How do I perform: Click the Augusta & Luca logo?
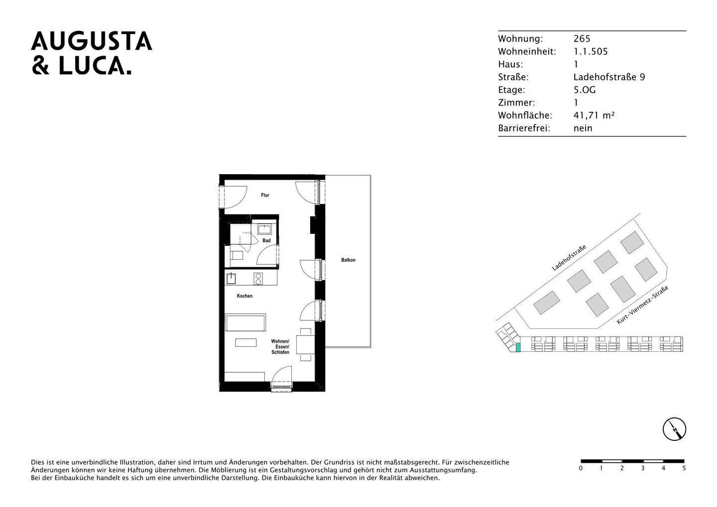point(92,53)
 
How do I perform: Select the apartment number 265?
point(582,39)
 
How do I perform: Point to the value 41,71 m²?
point(594,115)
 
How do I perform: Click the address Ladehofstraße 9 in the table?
point(609,77)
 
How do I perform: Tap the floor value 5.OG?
point(585,90)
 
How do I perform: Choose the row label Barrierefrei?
point(524,128)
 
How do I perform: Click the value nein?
point(583,128)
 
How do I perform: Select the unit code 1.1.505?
point(591,52)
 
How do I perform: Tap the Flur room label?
point(265,195)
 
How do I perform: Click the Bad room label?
point(266,241)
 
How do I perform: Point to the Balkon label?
point(348,260)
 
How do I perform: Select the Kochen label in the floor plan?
point(244,296)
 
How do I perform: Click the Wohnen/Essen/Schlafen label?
point(280,347)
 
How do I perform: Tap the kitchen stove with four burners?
point(258,279)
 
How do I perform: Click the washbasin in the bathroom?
point(264,229)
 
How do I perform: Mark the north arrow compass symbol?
point(674,429)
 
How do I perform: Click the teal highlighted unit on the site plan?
point(518,348)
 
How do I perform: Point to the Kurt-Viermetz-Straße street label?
point(642,305)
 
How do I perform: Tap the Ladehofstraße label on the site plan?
point(569,258)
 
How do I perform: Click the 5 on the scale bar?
point(684,468)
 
